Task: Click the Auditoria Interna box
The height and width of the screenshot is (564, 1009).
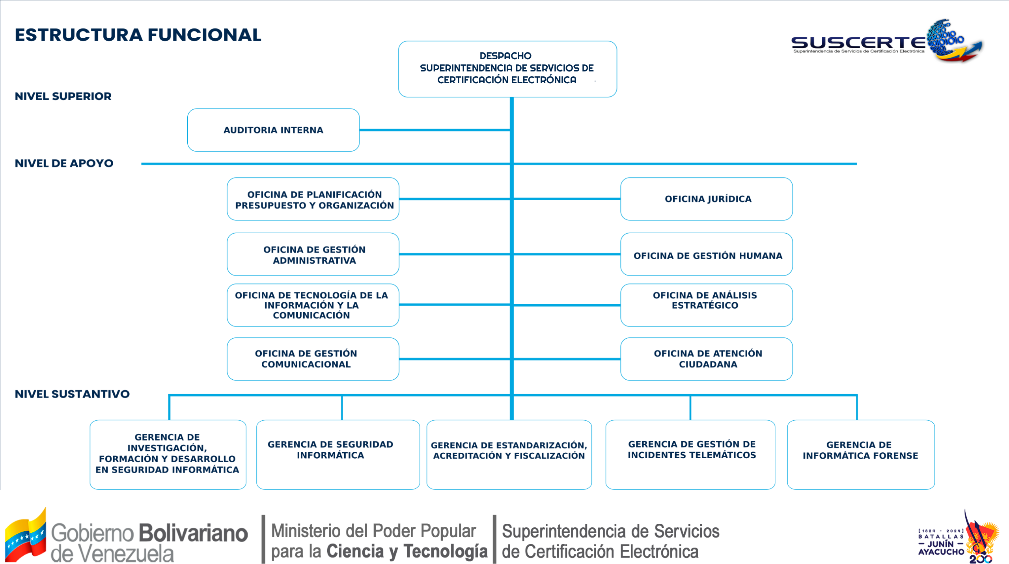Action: (273, 130)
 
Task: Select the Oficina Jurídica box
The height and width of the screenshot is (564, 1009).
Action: (706, 199)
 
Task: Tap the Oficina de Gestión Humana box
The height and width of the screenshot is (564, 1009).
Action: (706, 255)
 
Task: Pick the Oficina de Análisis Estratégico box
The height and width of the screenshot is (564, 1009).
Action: (706, 305)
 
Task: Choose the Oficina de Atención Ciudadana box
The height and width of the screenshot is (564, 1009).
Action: (706, 359)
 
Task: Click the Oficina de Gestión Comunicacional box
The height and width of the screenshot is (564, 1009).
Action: (313, 359)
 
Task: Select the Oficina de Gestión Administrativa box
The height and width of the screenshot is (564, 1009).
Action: (313, 255)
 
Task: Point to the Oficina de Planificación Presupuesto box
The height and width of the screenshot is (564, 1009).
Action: (313, 199)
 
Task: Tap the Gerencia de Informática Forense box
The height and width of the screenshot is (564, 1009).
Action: (860, 454)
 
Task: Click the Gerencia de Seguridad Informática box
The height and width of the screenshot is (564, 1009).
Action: (338, 454)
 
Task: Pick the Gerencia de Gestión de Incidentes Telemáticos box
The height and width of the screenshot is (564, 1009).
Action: (690, 454)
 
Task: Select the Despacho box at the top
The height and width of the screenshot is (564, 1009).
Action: (507, 69)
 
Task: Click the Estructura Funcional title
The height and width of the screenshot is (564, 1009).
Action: (138, 35)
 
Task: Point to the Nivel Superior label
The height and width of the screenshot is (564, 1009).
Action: (63, 96)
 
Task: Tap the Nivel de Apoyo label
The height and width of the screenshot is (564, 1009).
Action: (64, 163)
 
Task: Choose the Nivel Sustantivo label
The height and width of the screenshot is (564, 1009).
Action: (72, 394)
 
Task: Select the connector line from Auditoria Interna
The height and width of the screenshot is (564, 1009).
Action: (434, 130)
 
